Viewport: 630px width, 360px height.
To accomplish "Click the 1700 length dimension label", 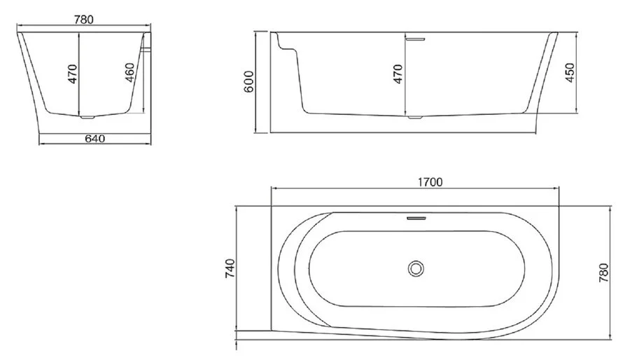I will (430, 182).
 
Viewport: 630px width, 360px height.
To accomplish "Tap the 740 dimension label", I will (230, 269).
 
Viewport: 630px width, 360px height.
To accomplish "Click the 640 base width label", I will (94, 138).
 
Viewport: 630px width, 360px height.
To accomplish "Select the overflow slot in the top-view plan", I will (416, 218).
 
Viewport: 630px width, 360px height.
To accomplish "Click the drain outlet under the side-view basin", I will (416, 118).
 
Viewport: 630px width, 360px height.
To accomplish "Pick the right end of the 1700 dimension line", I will (560, 189).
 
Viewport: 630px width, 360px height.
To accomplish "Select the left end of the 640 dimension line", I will (39, 144).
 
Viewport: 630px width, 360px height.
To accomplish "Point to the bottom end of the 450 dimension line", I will (575, 113).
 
